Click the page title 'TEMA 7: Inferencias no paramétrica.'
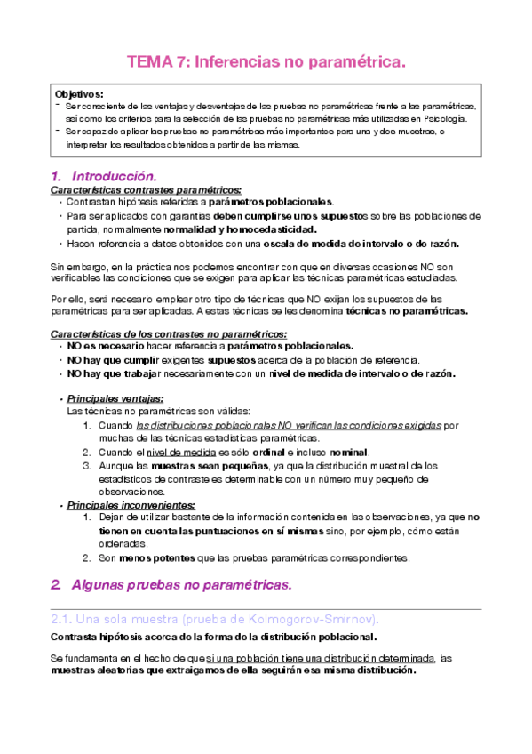click(266, 62)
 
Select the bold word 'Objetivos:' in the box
click(79, 93)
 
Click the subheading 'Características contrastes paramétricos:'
click(146, 189)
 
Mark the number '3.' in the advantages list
click(87, 465)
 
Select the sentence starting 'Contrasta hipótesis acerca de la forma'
click(212, 637)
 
